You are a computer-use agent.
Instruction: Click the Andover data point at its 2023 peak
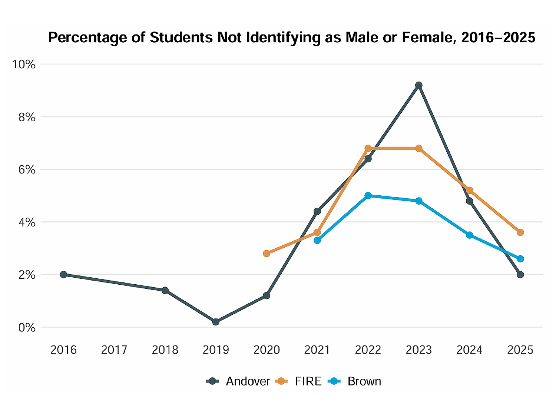419,85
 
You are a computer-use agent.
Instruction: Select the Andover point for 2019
216,322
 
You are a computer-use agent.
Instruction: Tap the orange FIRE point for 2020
267,254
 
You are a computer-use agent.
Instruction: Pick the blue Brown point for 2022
368,196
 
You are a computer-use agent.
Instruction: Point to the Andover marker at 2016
63,275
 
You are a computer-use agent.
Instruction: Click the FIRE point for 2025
520,232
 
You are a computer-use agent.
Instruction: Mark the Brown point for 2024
470,235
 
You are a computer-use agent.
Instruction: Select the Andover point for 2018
165,290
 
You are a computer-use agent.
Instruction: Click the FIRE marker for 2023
419,148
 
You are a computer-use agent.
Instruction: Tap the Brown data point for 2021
317,241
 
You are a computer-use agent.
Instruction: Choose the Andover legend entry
238,381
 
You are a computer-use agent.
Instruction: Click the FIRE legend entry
299,381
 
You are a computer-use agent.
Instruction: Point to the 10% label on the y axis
24,64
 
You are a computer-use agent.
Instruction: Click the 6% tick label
27,170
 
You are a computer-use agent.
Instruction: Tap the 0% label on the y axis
27,328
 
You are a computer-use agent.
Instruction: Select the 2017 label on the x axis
114,350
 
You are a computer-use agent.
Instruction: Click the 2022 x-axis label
368,350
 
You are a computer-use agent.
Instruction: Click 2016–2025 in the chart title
498,38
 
